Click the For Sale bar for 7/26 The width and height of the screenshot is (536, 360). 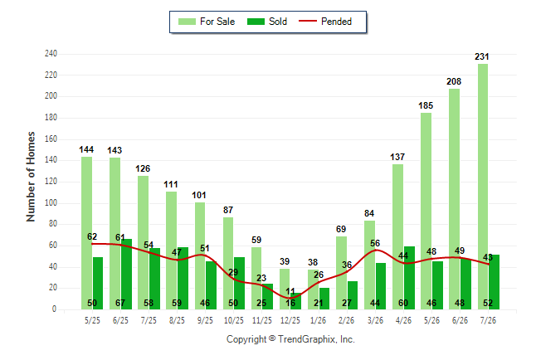[x=483, y=187]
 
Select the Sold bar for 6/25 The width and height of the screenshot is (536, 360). [x=126, y=275]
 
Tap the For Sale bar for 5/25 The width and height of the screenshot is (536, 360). [x=87, y=233]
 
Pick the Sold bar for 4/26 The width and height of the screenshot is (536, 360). [x=409, y=278]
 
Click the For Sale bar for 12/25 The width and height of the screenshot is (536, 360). [x=285, y=289]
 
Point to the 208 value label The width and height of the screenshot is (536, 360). [x=454, y=82]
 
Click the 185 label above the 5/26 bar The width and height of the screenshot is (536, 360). [x=426, y=105]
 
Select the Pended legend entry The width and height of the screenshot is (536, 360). [x=325, y=22]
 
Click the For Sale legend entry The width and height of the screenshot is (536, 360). [x=207, y=22]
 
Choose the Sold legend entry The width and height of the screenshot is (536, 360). [x=267, y=22]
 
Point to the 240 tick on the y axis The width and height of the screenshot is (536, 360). [x=51, y=54]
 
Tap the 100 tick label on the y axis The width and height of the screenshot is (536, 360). [x=51, y=202]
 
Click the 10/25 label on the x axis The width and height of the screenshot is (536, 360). [x=233, y=320]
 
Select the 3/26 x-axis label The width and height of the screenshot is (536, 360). [x=375, y=320]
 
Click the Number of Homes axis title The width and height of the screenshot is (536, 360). [x=31, y=177]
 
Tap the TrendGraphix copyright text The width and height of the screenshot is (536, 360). [x=290, y=339]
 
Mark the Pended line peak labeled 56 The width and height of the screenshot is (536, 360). [x=376, y=250]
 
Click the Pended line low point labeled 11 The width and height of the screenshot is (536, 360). [x=290, y=299]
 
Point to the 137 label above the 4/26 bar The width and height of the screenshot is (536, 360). [x=397, y=157]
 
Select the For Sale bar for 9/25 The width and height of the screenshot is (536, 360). [x=200, y=256]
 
